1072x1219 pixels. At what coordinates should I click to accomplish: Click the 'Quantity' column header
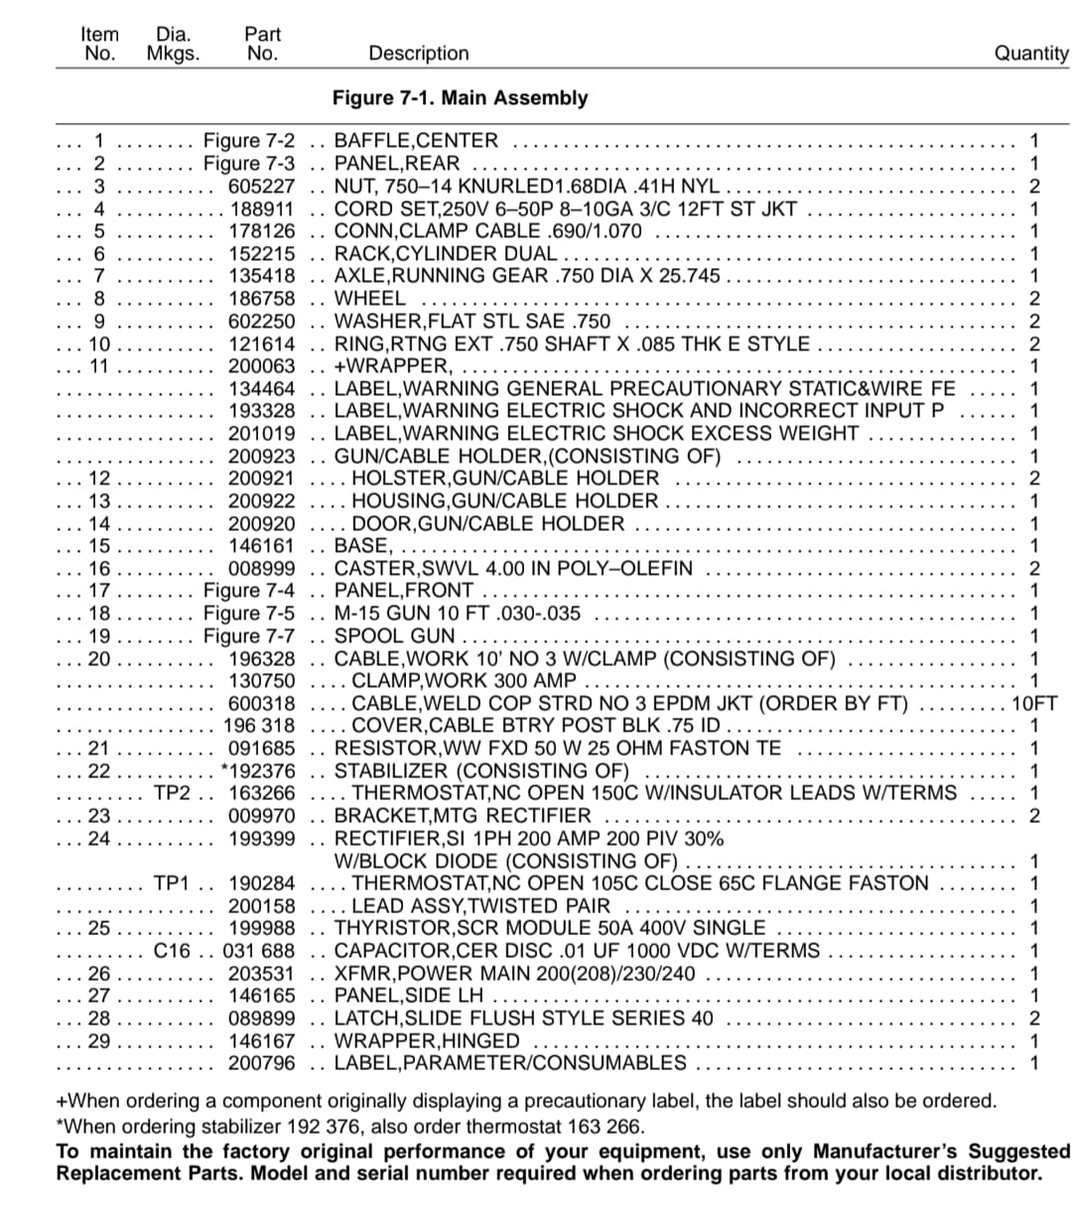(x=1031, y=54)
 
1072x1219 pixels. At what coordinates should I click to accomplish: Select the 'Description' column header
(x=418, y=54)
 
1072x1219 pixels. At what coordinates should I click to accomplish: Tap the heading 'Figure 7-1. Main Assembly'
(x=460, y=98)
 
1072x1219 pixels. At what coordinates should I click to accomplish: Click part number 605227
(x=262, y=186)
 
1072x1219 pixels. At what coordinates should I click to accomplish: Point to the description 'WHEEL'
(x=369, y=298)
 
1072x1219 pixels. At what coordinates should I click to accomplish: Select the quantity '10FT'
(x=1034, y=704)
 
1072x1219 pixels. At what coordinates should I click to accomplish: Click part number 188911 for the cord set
(x=262, y=208)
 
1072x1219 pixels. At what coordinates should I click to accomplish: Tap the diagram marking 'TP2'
(x=172, y=793)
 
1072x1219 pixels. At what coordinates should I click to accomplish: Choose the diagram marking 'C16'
(x=172, y=951)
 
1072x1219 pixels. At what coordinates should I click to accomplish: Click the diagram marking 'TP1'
(x=172, y=883)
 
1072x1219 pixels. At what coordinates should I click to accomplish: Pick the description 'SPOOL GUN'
(x=395, y=636)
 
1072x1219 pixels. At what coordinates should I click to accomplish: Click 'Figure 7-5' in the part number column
(x=249, y=613)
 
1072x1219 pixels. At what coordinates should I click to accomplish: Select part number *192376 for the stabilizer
(x=258, y=771)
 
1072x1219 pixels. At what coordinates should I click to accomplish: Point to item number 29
(x=99, y=1041)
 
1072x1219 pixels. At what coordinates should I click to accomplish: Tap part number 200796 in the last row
(x=262, y=1063)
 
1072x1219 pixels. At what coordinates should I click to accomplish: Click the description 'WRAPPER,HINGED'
(x=427, y=1041)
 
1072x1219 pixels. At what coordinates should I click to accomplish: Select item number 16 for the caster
(x=99, y=569)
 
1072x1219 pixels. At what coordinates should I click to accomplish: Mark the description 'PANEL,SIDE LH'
(x=409, y=996)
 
